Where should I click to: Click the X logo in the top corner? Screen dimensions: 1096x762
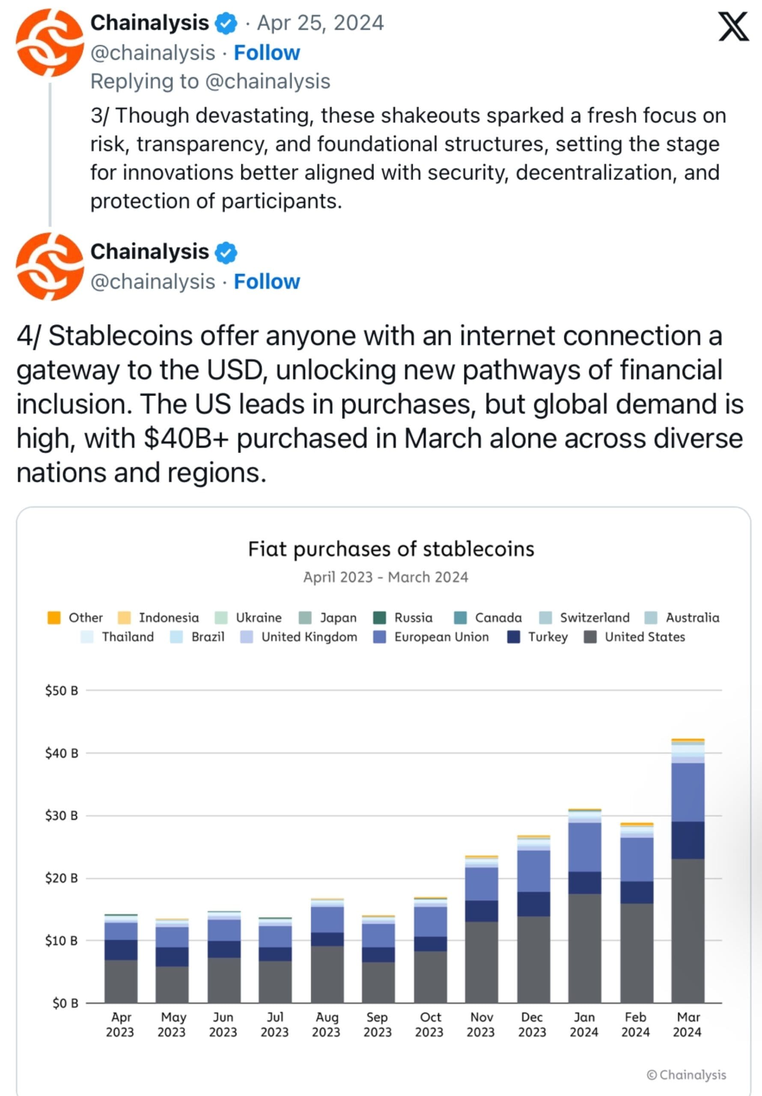[734, 27]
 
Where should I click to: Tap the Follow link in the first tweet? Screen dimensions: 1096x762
[266, 53]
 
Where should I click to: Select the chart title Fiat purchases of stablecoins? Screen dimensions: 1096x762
[390, 549]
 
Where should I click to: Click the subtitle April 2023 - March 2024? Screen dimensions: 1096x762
[385, 577]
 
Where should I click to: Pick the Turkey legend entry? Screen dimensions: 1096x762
[538, 637]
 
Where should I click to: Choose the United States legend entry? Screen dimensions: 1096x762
[634, 637]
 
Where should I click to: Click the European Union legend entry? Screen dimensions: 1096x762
[431, 637]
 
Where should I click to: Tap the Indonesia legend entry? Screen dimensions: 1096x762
[158, 618]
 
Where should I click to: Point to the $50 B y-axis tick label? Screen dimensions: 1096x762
[61, 691]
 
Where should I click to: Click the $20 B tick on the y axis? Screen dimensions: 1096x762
[61, 879]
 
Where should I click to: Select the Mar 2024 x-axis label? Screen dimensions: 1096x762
[688, 1025]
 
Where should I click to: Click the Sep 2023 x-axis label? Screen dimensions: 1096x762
[377, 1025]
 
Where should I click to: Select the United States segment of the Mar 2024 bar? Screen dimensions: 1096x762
[688, 931]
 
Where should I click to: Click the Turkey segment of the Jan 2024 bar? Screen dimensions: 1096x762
[584, 883]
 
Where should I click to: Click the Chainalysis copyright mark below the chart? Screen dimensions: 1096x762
[686, 1075]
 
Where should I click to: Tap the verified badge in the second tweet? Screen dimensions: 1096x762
[226, 253]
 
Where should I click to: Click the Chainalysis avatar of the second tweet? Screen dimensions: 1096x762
[50, 266]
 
